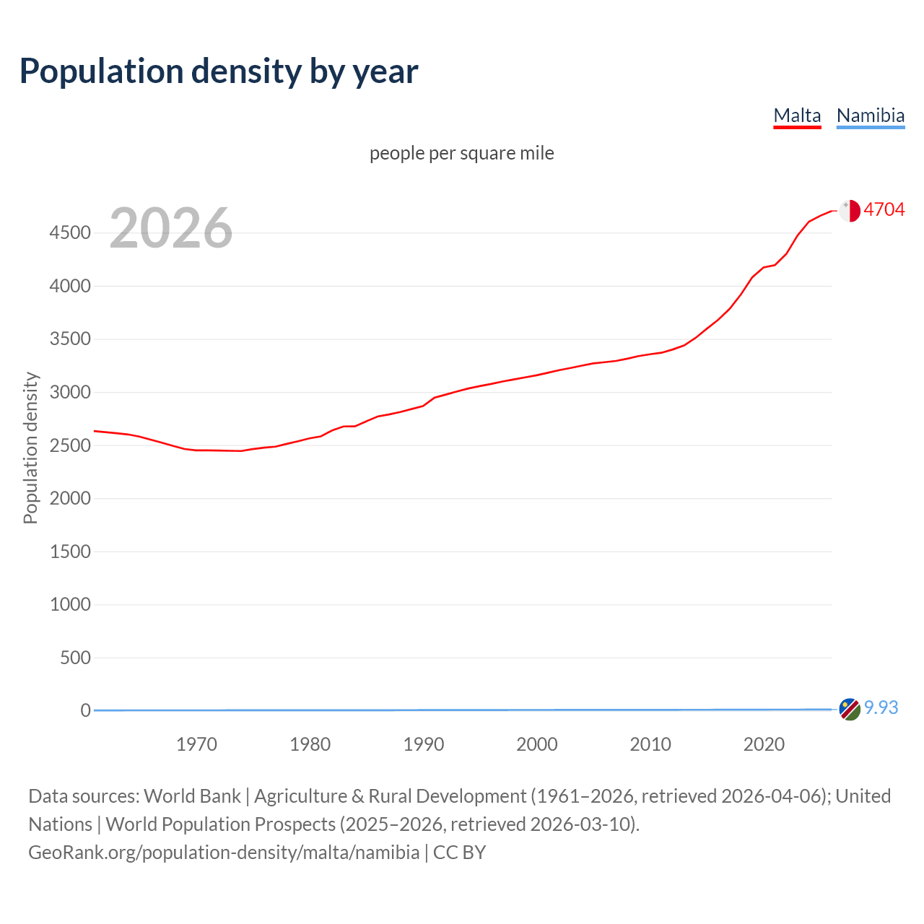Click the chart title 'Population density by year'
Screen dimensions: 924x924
(219, 71)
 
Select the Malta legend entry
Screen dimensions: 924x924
(797, 115)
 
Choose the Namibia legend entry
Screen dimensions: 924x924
(870, 115)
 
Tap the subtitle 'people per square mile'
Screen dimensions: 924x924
(461, 153)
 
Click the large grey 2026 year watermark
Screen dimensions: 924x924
(171, 228)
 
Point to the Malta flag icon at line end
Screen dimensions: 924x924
(850, 210)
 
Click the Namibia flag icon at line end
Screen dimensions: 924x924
(849, 710)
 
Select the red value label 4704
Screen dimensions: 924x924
(884, 209)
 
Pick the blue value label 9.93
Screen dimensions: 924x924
(881, 707)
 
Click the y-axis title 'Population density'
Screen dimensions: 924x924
(30, 448)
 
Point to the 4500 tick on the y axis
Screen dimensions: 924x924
(70, 233)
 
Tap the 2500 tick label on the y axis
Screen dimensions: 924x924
(70, 445)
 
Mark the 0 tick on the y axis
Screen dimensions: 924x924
(85, 710)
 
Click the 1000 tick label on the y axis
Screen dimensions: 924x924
(70, 604)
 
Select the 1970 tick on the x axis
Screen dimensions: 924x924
(196, 744)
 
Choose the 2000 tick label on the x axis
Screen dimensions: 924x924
(536, 744)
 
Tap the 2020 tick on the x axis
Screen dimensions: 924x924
(764, 744)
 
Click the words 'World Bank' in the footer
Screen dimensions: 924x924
(192, 796)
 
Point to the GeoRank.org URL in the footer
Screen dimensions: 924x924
(224, 852)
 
